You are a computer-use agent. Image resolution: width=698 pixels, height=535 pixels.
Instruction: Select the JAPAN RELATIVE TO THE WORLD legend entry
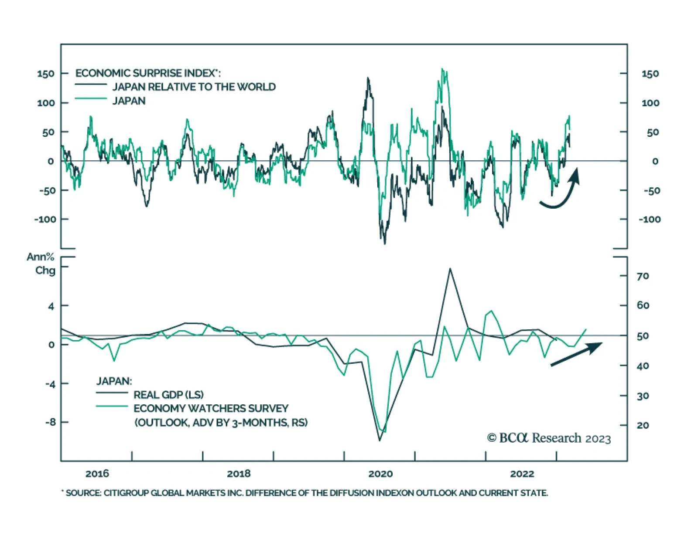pos(194,87)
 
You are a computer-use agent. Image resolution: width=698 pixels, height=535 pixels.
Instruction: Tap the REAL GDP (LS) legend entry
pos(168,395)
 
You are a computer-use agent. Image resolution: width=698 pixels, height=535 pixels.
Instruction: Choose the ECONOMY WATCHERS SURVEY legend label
pos(211,409)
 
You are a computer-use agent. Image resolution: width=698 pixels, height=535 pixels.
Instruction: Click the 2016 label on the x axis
pos(97,474)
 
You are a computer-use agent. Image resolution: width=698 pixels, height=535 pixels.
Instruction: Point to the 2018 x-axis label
pos(239,474)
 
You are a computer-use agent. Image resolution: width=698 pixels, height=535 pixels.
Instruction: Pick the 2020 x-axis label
pos(380,474)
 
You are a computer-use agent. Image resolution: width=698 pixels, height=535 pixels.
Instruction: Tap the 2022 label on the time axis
pos(522,474)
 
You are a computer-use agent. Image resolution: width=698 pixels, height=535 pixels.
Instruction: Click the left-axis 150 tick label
pos(46,74)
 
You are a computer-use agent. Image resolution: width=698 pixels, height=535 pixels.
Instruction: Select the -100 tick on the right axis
pos(650,220)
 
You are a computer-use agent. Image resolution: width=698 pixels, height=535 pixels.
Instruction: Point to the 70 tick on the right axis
pos(643,276)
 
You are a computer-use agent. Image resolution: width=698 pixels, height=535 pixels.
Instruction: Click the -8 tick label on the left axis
pos(50,422)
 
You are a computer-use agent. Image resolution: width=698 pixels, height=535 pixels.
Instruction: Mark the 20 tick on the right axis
pos(643,425)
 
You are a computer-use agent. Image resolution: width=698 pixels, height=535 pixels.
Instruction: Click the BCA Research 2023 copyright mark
pos(549,438)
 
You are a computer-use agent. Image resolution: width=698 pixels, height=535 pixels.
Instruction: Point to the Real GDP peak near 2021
pos(450,269)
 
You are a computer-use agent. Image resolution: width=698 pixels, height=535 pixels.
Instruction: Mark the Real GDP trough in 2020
pos(379,440)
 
